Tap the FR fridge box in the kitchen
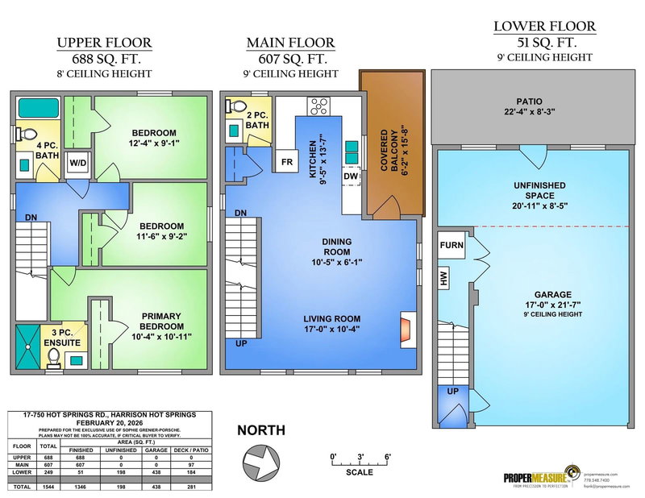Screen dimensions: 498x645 [x=285, y=161]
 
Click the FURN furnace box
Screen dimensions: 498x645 [x=450, y=244]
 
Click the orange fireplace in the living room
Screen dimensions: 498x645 [x=404, y=328]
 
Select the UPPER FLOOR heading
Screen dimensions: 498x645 [x=105, y=42]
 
